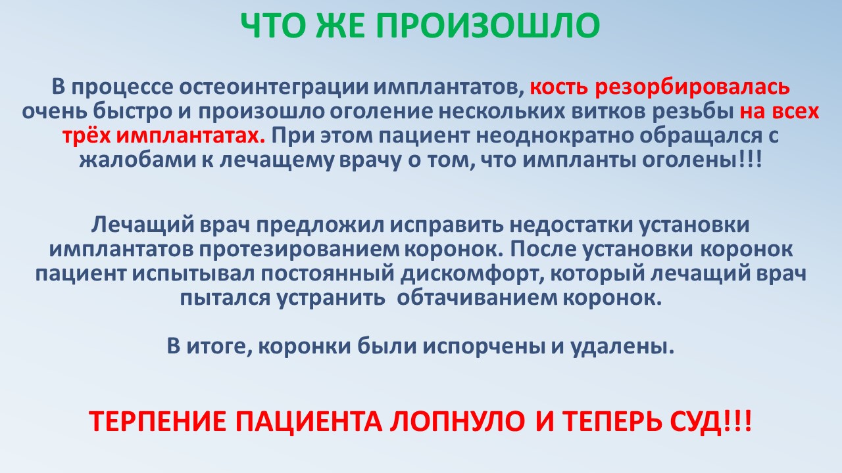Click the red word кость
point(559,87)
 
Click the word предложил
point(320,225)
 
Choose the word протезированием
point(299,250)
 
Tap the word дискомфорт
point(472,274)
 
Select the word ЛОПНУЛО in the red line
point(457,421)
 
